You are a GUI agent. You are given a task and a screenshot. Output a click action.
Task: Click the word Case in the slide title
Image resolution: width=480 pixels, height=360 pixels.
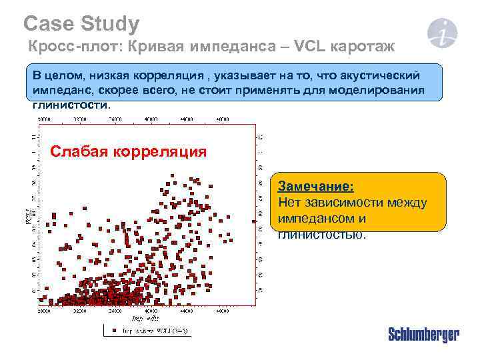pos(46,25)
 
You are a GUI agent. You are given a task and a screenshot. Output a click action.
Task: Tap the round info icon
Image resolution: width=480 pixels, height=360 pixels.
pos(443,33)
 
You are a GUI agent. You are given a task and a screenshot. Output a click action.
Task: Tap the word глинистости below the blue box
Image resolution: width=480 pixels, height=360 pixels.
pos(69,105)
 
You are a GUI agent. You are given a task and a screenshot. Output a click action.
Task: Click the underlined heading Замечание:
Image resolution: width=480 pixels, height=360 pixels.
pos(315,185)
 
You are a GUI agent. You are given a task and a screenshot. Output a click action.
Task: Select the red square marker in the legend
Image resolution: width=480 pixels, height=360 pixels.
pos(114,329)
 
